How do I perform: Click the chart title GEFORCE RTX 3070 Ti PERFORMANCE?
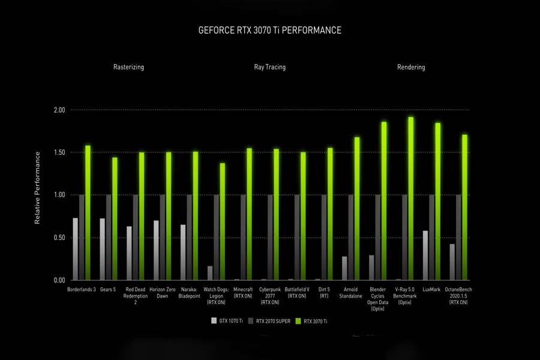[x=269, y=30]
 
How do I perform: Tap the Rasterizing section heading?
[x=128, y=67]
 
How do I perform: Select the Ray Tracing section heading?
[x=269, y=67]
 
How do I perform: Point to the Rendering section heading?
[x=411, y=67]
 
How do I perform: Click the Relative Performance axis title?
[x=37, y=188]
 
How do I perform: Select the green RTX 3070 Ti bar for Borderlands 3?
[x=88, y=212]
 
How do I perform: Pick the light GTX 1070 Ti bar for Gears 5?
[x=103, y=249]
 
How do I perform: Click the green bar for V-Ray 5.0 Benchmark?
[x=411, y=198]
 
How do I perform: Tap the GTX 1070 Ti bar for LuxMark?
[x=425, y=255]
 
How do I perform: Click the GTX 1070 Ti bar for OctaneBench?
[x=452, y=262]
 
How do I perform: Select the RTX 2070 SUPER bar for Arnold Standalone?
[x=351, y=237]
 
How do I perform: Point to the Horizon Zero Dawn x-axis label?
[x=162, y=292]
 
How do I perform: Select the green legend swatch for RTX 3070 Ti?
[x=298, y=321]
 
